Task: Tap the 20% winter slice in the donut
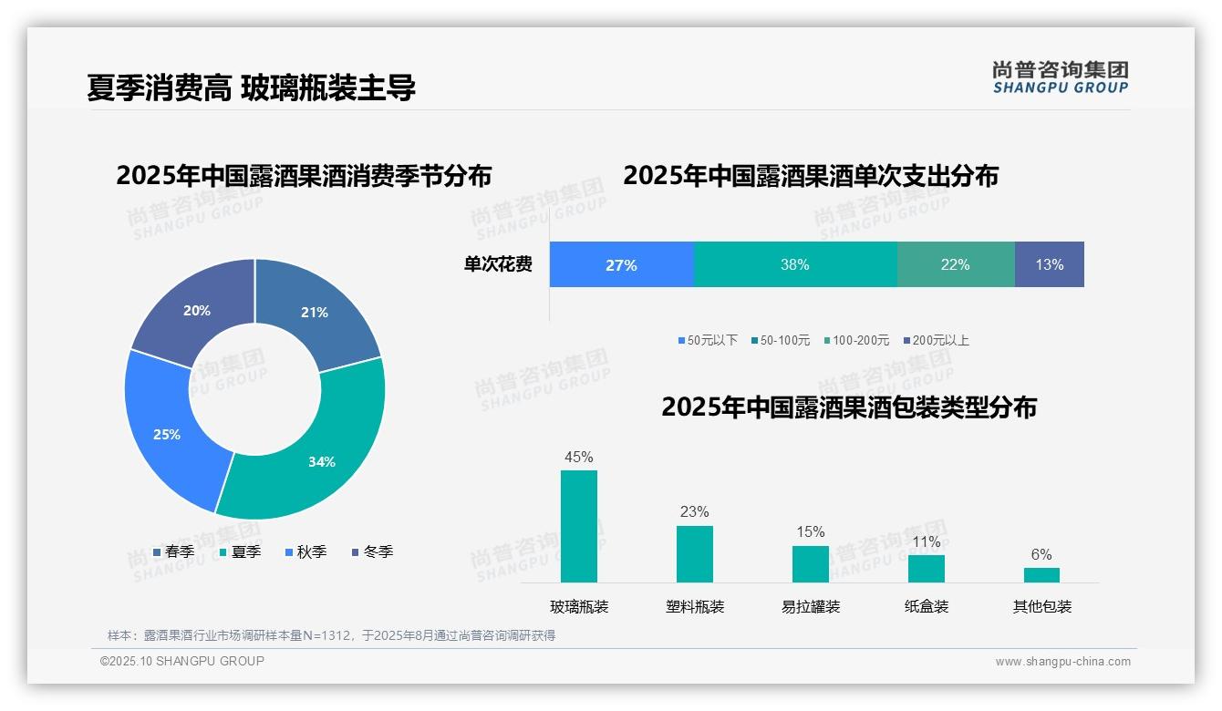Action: [x=195, y=311]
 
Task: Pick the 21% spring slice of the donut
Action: [x=316, y=312]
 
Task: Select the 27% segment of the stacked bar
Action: [x=621, y=265]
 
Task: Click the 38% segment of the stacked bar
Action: [x=795, y=265]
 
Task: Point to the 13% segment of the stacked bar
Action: [x=1049, y=265]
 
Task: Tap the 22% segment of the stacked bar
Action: [x=956, y=265]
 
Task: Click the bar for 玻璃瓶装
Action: [x=579, y=526]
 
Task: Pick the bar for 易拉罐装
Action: [x=810, y=563]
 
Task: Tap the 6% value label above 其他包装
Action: [x=1041, y=554]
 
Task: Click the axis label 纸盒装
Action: [x=926, y=606]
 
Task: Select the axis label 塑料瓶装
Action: [x=695, y=606]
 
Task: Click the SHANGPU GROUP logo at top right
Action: [x=1060, y=77]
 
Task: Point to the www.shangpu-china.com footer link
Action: [x=1062, y=662]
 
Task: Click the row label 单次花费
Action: [x=498, y=265]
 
